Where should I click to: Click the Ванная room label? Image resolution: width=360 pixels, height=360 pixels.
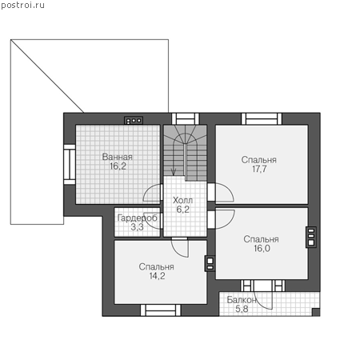(x=118, y=157)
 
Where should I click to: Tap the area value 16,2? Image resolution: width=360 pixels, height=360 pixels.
(x=118, y=166)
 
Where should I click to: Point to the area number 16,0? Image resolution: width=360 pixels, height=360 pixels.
(x=262, y=248)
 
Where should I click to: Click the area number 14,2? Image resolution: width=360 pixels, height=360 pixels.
(x=157, y=276)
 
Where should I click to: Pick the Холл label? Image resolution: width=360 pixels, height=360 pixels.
(x=182, y=200)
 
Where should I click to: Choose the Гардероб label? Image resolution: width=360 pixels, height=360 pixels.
(x=138, y=218)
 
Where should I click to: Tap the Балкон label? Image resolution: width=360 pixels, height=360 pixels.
(x=242, y=300)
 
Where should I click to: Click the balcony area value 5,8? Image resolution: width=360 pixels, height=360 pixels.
(x=242, y=309)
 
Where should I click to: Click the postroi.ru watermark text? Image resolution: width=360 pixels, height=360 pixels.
(x=23, y=6)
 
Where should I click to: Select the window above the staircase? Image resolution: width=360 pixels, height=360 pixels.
(x=186, y=118)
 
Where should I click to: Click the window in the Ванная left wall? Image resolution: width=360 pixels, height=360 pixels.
(x=70, y=165)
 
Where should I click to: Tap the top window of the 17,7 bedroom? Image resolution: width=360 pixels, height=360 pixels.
(x=262, y=118)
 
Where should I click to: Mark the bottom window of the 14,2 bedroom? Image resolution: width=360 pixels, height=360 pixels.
(x=161, y=310)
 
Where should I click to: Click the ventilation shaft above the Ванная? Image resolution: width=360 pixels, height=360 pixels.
(x=134, y=121)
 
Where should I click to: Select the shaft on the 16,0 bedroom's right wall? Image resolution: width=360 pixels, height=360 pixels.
(x=311, y=237)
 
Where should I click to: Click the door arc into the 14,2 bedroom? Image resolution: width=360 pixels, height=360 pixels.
(x=180, y=248)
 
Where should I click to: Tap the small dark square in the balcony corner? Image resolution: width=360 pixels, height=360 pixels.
(x=316, y=312)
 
